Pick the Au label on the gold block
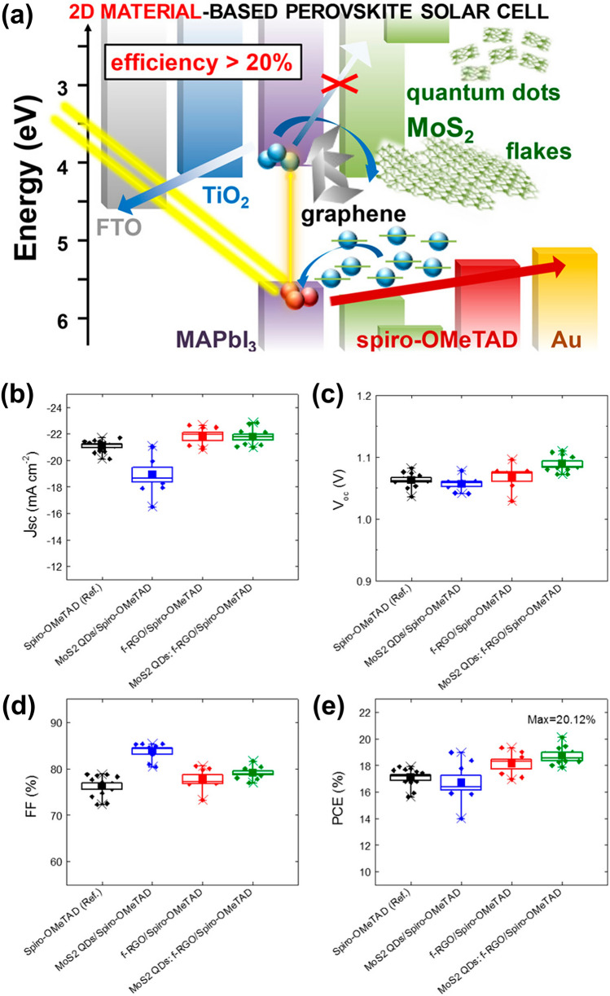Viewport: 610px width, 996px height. click(564, 336)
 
